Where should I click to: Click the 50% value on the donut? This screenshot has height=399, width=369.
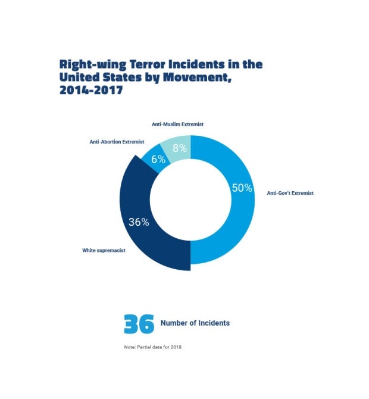[x=241, y=188]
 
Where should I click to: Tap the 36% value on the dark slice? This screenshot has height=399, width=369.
[x=139, y=222]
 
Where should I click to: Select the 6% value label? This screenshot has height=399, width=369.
[x=158, y=159]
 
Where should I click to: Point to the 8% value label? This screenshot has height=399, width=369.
[x=179, y=148]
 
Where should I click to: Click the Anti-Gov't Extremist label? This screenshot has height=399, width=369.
[x=290, y=193]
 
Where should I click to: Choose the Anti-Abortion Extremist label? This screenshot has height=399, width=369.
[x=117, y=142]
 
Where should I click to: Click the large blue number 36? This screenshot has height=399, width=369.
[x=139, y=323]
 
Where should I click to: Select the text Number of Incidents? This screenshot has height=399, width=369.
[x=195, y=323]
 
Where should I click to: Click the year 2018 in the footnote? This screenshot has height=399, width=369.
[x=175, y=347]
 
